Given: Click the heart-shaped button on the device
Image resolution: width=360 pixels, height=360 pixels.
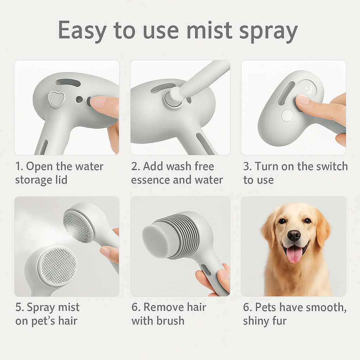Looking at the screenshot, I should [54, 99].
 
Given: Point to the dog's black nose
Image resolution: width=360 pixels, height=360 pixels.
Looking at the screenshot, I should [294, 235].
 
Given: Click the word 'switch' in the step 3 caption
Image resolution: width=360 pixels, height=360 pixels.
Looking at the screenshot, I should [330, 166].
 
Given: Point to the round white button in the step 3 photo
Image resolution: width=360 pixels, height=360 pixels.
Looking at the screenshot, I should [287, 115].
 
